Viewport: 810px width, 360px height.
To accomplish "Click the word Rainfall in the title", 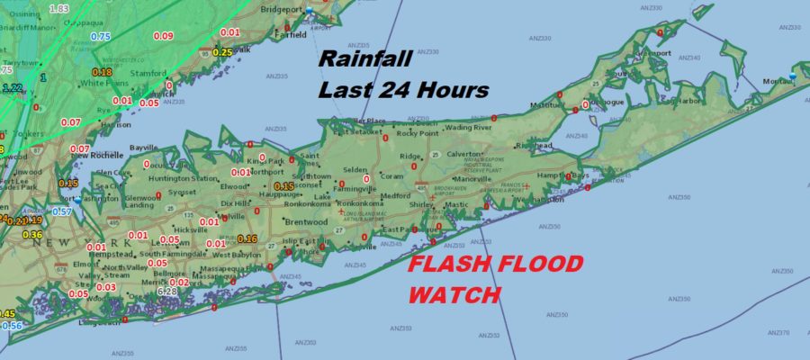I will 365,60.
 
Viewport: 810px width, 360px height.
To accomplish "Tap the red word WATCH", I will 454,294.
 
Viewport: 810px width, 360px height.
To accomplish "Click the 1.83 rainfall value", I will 59,8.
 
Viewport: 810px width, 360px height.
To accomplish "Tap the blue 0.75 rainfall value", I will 101,36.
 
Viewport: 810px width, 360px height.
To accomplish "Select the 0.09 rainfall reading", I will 163,36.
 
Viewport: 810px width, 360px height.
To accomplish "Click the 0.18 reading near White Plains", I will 102,72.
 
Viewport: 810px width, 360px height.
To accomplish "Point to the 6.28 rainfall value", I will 167,292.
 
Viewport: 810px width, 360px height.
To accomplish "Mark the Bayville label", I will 143,147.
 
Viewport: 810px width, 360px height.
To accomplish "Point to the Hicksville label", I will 190,229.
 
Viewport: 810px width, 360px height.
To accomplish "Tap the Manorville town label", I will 472,178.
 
